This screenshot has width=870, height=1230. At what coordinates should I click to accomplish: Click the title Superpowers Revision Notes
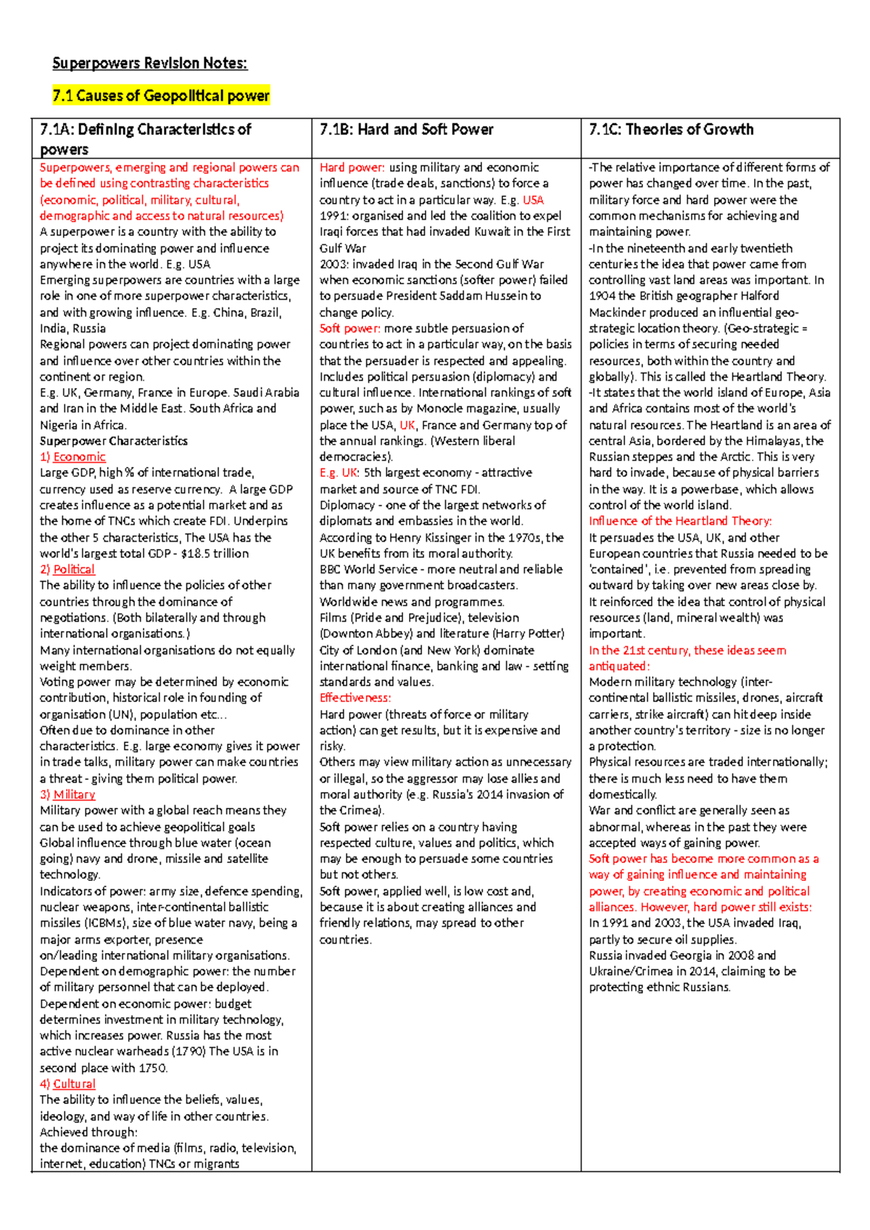149,63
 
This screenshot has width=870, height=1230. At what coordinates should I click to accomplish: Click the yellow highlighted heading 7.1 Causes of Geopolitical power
161,96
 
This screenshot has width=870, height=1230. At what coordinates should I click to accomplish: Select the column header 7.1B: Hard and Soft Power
406,130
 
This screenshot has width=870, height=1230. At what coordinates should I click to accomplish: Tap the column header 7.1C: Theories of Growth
671,130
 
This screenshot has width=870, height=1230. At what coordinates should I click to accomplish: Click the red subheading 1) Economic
72,457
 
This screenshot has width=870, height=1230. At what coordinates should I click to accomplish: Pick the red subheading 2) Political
67,569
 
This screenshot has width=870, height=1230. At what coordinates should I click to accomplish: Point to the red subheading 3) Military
67,795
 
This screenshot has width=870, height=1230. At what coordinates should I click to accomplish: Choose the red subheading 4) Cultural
67,1084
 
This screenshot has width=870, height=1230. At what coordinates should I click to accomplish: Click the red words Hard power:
352,168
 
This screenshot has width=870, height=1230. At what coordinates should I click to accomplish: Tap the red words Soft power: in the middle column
349,329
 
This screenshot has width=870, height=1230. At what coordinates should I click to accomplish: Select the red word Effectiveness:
355,698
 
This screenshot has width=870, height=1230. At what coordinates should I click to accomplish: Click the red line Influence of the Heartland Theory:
680,521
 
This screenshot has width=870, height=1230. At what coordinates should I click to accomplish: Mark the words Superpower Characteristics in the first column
113,441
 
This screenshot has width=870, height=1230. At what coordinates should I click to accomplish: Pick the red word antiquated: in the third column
619,666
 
